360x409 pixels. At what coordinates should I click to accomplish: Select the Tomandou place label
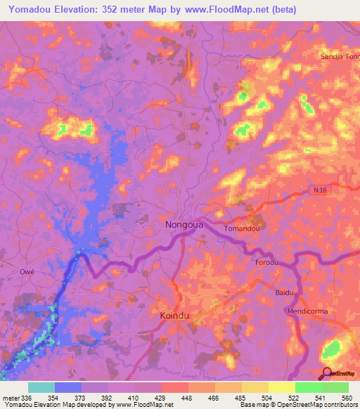(x=242, y=229)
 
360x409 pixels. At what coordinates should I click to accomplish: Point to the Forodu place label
(x=266, y=261)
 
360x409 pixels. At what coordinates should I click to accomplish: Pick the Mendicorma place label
(x=307, y=311)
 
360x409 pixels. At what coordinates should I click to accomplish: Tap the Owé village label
(x=27, y=271)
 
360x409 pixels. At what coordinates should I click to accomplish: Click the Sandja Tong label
(x=340, y=56)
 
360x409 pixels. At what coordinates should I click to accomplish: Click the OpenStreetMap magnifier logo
(x=328, y=373)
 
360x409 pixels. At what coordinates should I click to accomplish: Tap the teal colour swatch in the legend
(x=41, y=387)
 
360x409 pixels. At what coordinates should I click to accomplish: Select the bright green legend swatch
(x=308, y=387)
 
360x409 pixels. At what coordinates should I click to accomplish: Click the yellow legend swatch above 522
(x=281, y=387)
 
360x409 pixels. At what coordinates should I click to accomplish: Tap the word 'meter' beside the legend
(x=11, y=398)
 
